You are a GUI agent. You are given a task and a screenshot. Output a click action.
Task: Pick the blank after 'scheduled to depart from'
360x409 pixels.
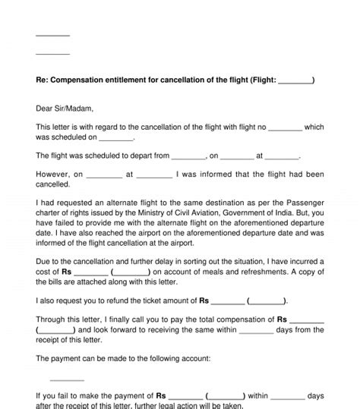(x=189, y=156)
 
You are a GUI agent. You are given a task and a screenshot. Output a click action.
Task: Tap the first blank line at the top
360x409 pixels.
(x=52, y=35)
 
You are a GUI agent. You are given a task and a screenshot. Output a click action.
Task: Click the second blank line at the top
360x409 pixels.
(x=52, y=53)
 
